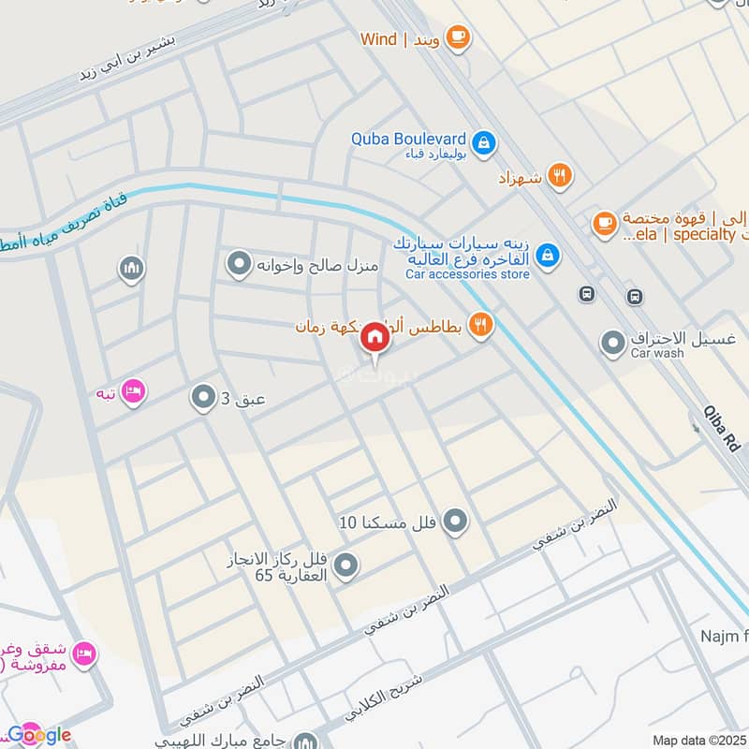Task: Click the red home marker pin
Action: click(374, 337)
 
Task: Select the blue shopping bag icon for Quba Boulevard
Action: click(484, 142)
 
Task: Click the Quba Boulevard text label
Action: click(408, 139)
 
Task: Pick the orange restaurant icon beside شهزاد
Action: click(560, 175)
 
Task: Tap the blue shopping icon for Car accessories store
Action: click(548, 254)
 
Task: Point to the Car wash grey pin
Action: click(613, 345)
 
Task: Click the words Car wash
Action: click(657, 354)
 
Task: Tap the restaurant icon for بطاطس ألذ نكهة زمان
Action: click(480, 325)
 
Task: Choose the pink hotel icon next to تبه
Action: click(133, 392)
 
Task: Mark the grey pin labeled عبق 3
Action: click(202, 399)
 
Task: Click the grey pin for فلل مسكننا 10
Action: click(455, 521)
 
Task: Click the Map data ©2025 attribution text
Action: click(698, 740)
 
